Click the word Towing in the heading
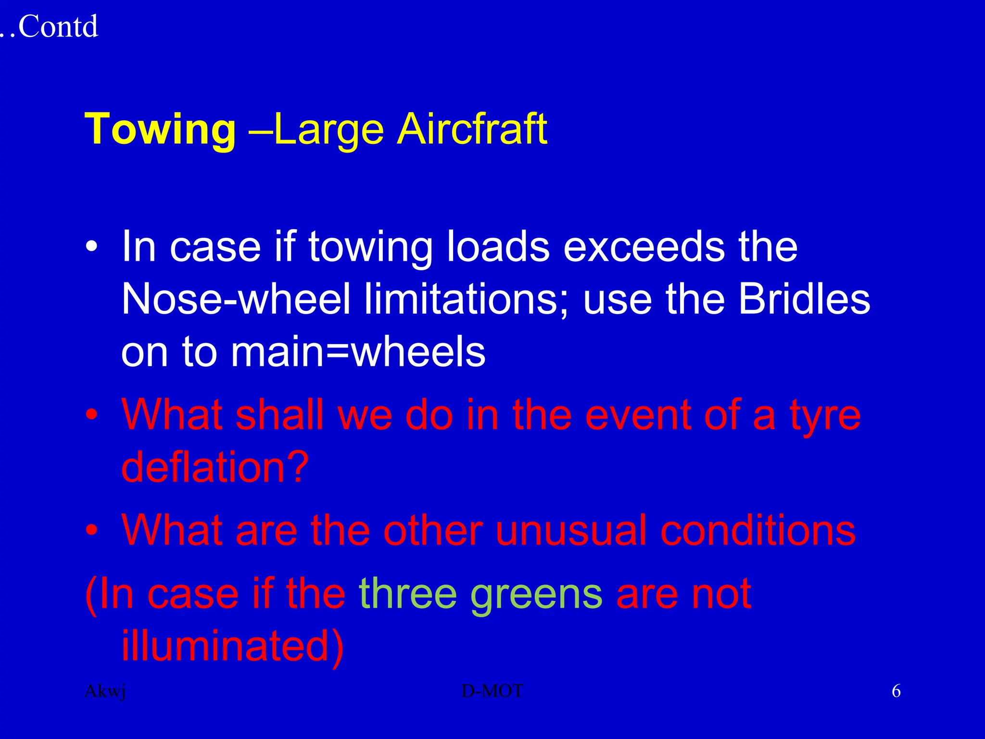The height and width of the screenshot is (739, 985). [x=160, y=129]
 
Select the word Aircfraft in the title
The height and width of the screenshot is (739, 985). [x=472, y=129]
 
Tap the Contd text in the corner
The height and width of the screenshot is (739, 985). [x=58, y=26]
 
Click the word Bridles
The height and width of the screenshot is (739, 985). [x=804, y=299]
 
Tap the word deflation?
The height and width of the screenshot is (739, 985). [x=215, y=467]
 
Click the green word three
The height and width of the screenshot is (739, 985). [x=408, y=594]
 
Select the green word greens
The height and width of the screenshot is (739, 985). [x=536, y=594]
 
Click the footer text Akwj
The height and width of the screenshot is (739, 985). [x=105, y=691]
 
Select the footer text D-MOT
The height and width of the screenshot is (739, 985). [x=492, y=691]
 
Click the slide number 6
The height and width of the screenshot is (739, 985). [x=896, y=691]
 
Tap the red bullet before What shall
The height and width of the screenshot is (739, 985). [x=91, y=415]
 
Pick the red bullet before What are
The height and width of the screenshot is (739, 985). [x=91, y=531]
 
